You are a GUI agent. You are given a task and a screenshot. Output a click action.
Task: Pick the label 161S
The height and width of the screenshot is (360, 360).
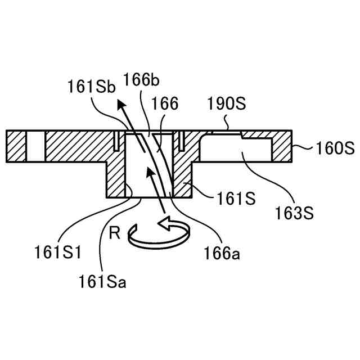point(233,199)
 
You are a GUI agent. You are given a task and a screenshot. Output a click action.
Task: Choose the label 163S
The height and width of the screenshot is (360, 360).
point(294,213)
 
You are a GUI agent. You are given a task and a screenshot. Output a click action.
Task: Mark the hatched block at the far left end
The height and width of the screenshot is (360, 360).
point(16,145)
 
